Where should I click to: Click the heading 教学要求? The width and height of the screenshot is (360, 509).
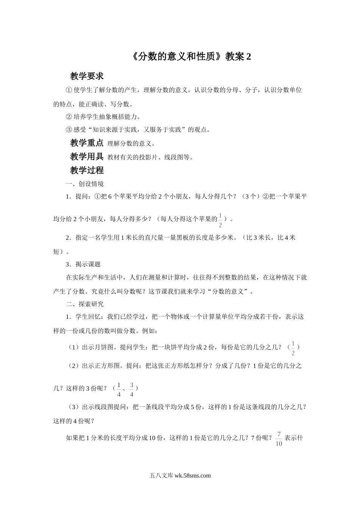pyautogui.click(x=87, y=76)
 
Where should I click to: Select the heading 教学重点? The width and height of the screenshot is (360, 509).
pyautogui.click(x=87, y=143)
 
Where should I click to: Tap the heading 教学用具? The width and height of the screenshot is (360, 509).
pyautogui.click(x=87, y=156)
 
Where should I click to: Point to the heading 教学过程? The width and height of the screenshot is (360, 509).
pyautogui.click(x=87, y=170)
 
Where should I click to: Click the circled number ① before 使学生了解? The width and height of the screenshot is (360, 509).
pyautogui.click(x=69, y=90)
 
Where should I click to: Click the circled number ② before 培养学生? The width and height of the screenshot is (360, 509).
pyautogui.click(x=69, y=117)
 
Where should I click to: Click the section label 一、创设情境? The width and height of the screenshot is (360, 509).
pyautogui.click(x=85, y=184)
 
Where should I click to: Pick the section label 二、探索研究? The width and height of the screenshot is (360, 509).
pyautogui.click(x=85, y=304)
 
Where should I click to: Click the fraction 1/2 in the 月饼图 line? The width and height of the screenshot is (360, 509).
pyautogui.click(x=293, y=348)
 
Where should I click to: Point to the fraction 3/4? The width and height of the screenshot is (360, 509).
pyautogui.click(x=131, y=389)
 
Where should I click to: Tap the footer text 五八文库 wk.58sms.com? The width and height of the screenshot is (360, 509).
pyautogui.click(x=180, y=476)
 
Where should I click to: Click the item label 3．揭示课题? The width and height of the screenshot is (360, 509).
pyautogui.click(x=83, y=264)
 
